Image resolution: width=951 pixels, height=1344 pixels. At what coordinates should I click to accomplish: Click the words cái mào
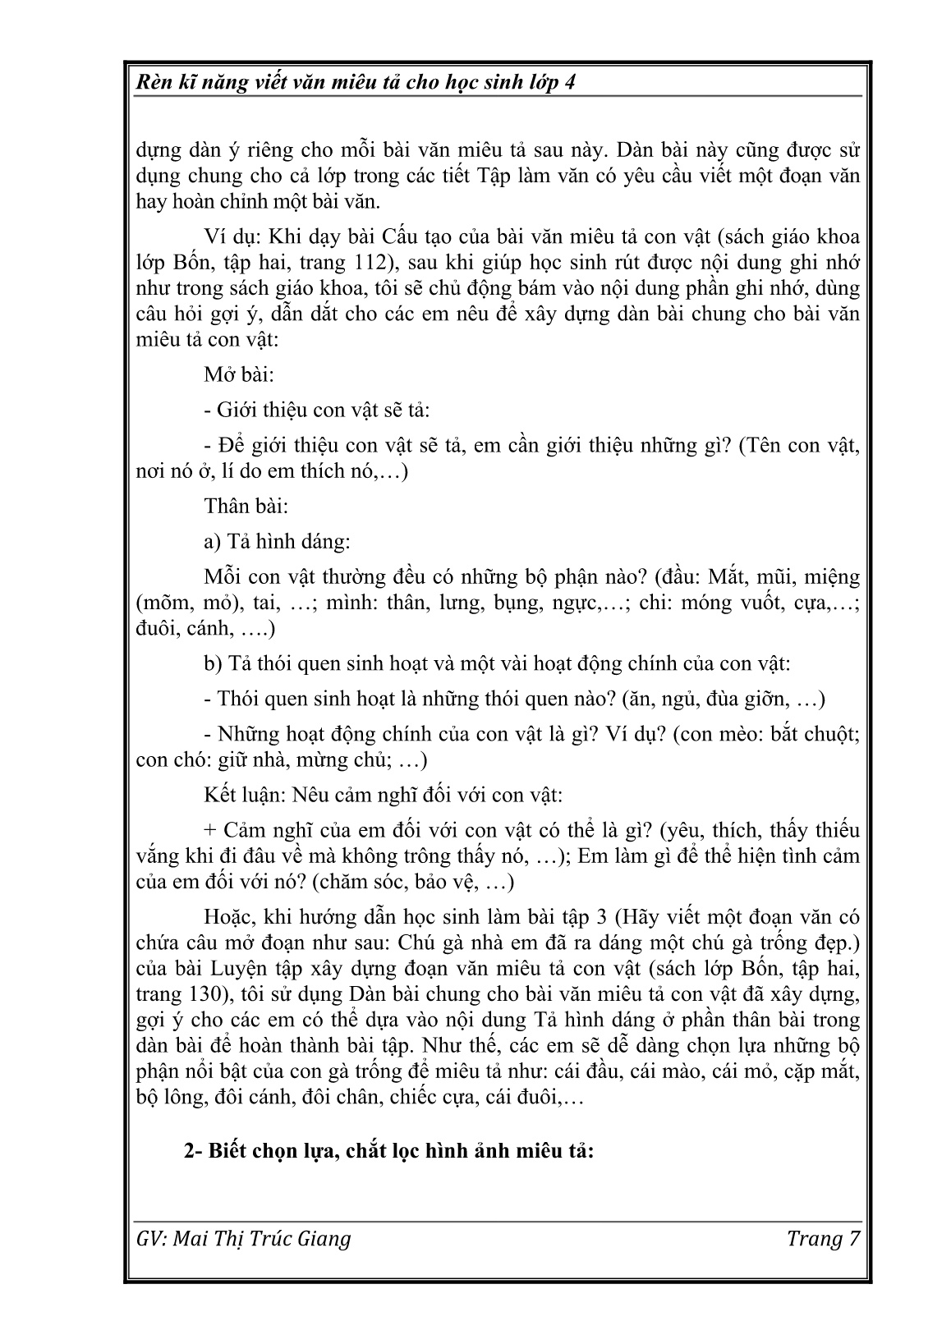tap(669, 1071)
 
